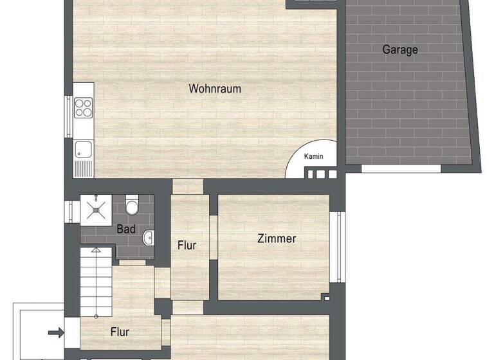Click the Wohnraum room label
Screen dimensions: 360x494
(215, 89)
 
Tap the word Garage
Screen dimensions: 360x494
(400, 50)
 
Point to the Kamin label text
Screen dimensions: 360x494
(315, 157)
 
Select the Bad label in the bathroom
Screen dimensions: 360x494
(125, 228)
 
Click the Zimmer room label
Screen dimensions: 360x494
(277, 239)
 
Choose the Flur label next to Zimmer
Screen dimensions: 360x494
(187, 245)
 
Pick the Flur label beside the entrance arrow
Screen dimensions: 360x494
(120, 332)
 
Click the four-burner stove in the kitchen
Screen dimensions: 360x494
(84, 107)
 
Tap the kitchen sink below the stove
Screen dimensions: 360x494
(84, 150)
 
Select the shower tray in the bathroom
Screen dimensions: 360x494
(97, 208)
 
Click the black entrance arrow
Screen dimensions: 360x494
(56, 332)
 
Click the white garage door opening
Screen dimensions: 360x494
(401, 168)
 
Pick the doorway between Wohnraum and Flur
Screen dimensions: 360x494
(188, 186)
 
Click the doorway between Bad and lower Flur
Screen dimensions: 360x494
(133, 262)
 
